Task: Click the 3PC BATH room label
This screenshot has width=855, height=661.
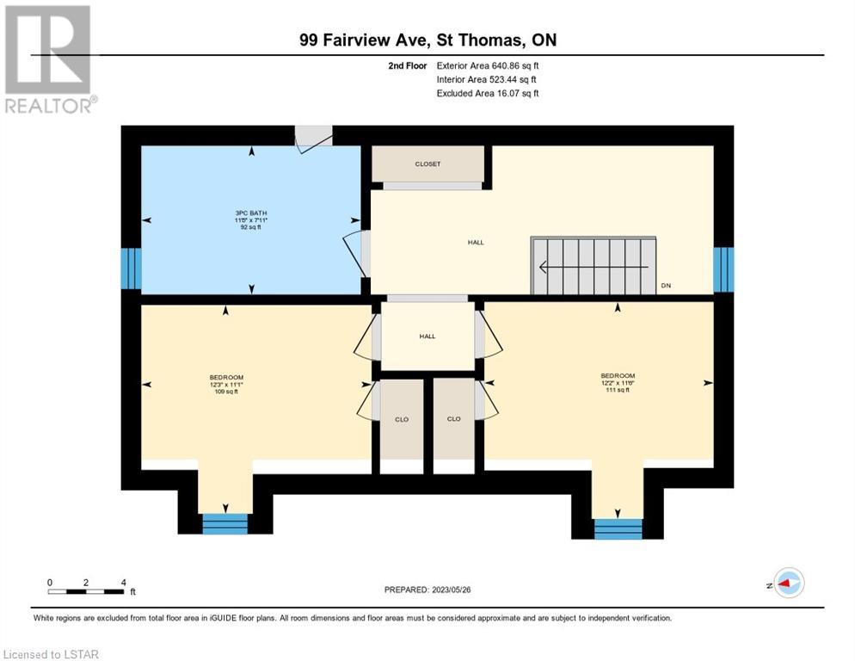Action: (251, 220)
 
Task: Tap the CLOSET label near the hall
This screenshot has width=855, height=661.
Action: (427, 164)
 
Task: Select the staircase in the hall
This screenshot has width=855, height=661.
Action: (594, 266)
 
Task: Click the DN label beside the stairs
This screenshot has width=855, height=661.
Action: (666, 286)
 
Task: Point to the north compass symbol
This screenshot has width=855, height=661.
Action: (789, 584)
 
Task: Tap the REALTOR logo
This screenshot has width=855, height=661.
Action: (50, 59)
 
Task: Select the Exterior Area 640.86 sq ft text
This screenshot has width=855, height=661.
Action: (488, 65)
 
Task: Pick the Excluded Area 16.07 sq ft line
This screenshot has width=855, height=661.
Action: (488, 93)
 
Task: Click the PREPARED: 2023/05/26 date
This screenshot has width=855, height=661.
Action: (427, 590)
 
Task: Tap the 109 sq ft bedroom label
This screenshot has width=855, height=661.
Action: (226, 392)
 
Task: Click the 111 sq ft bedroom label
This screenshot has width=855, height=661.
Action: (618, 390)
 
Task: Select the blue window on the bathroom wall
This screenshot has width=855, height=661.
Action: (131, 269)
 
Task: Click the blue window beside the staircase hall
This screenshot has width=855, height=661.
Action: (723, 269)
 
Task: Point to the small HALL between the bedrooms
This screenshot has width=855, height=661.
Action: (427, 337)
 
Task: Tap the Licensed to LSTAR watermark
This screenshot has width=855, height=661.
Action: (51, 654)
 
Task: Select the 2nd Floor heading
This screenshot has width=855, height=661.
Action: (408, 65)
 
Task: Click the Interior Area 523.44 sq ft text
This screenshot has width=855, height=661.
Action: (486, 80)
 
